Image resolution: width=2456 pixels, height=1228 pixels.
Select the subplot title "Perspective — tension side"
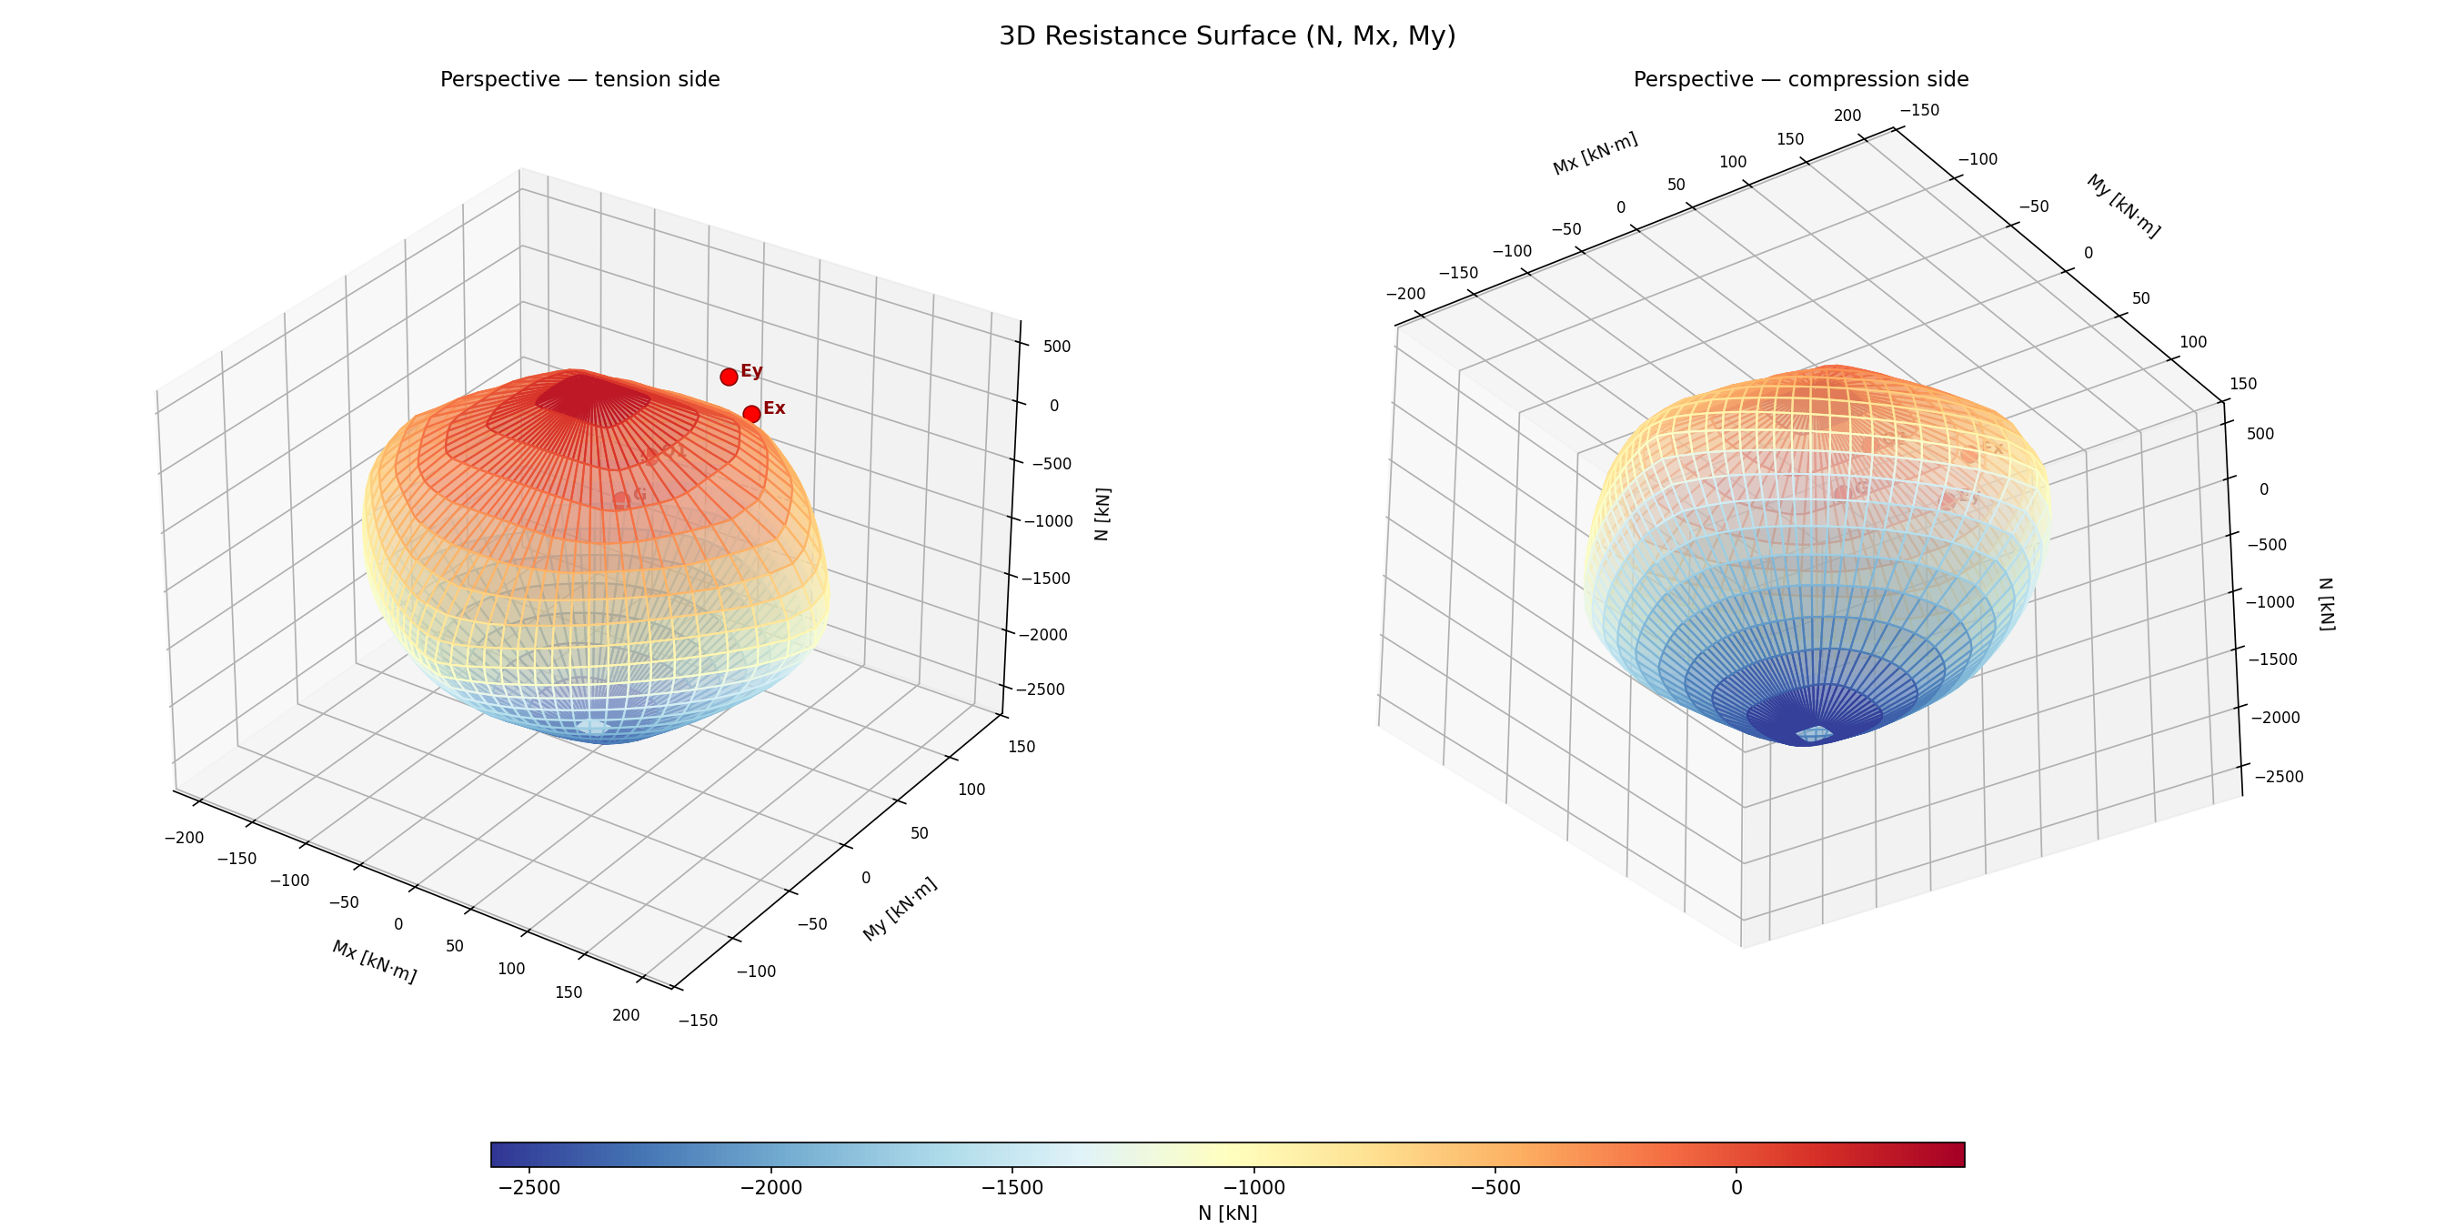tap(579, 80)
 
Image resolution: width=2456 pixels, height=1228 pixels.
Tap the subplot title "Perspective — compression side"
tap(1800, 80)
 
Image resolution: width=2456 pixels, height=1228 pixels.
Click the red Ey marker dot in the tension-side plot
tap(729, 377)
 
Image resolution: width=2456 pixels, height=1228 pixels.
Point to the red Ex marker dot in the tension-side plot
tap(751, 414)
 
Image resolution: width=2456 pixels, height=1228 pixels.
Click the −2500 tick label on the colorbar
tap(530, 1188)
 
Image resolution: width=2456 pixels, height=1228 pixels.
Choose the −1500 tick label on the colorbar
tap(1012, 1188)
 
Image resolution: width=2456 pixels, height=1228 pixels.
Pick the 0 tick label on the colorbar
tap(1736, 1188)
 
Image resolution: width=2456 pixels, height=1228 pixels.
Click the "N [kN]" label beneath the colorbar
tap(1227, 1213)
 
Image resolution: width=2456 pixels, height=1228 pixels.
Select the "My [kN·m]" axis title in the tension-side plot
tap(900, 909)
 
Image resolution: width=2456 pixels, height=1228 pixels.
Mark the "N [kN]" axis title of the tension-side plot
tap(1102, 515)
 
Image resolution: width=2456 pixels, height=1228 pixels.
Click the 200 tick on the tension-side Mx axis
tap(626, 1015)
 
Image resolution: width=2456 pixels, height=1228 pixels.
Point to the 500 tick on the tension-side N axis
tap(1056, 346)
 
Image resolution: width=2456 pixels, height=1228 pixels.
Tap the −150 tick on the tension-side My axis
tap(698, 1021)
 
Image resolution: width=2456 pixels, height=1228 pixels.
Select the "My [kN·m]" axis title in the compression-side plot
tap(2123, 206)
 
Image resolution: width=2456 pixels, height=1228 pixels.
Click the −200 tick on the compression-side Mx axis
tap(1404, 295)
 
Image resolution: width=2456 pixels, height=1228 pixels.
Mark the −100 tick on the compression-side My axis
tap(1978, 159)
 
